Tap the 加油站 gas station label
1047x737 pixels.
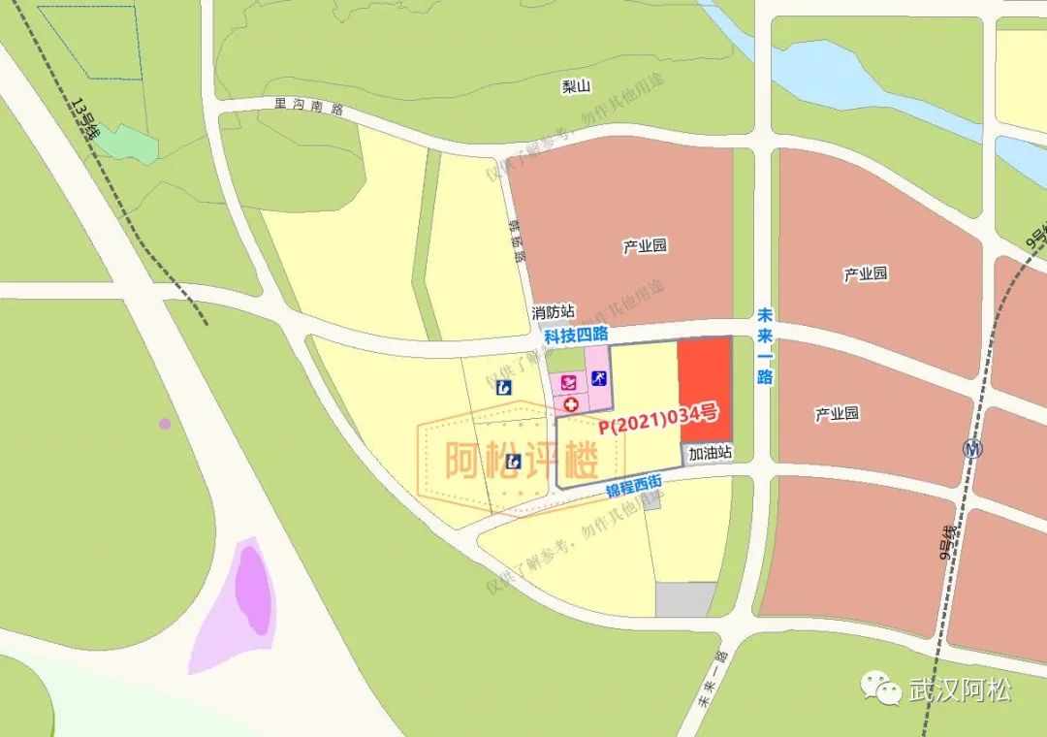coord(710,453)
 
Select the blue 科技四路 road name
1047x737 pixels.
coord(576,336)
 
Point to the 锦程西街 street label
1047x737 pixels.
coord(634,484)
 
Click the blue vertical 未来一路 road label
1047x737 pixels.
coord(765,346)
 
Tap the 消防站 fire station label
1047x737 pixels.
coord(553,313)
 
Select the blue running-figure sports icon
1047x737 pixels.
coord(599,378)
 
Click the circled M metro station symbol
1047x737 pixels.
coord(972,449)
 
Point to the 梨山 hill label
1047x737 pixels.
coord(576,86)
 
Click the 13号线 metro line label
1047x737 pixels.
coord(86,119)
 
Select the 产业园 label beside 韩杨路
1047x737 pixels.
coord(645,246)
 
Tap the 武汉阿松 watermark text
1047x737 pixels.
coord(960,690)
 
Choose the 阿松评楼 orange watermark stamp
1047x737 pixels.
coord(520,461)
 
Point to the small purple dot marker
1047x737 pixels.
coord(165,424)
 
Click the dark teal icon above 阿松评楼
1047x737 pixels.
coord(504,388)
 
